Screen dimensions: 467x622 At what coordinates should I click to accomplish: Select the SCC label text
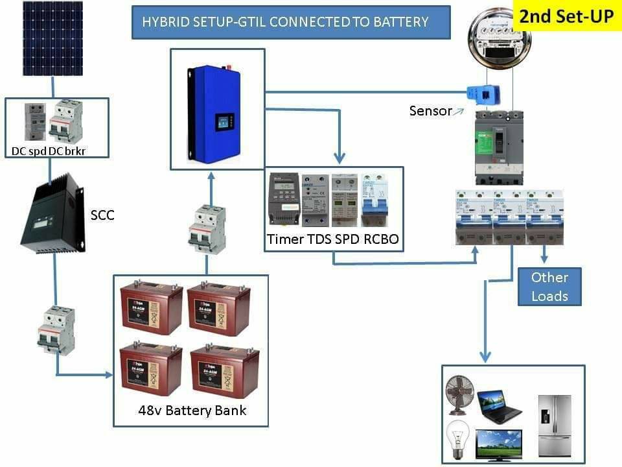pyautogui.click(x=102, y=215)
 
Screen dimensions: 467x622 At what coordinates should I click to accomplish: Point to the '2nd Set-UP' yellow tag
pyautogui.click(x=566, y=16)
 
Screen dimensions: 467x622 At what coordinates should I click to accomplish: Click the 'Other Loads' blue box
pyautogui.click(x=549, y=287)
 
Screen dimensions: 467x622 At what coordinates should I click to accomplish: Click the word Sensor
pyautogui.click(x=430, y=111)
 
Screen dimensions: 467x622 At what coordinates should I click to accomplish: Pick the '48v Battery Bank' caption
pyautogui.click(x=192, y=411)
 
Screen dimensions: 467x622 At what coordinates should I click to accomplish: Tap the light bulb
pyautogui.click(x=459, y=438)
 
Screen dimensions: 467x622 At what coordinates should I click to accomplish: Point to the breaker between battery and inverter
pyautogui.click(x=207, y=230)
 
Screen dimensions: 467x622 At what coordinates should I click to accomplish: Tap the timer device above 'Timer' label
pyautogui.click(x=284, y=200)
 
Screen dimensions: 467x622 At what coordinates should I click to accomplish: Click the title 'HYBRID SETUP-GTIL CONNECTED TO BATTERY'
pyautogui.click(x=285, y=21)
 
